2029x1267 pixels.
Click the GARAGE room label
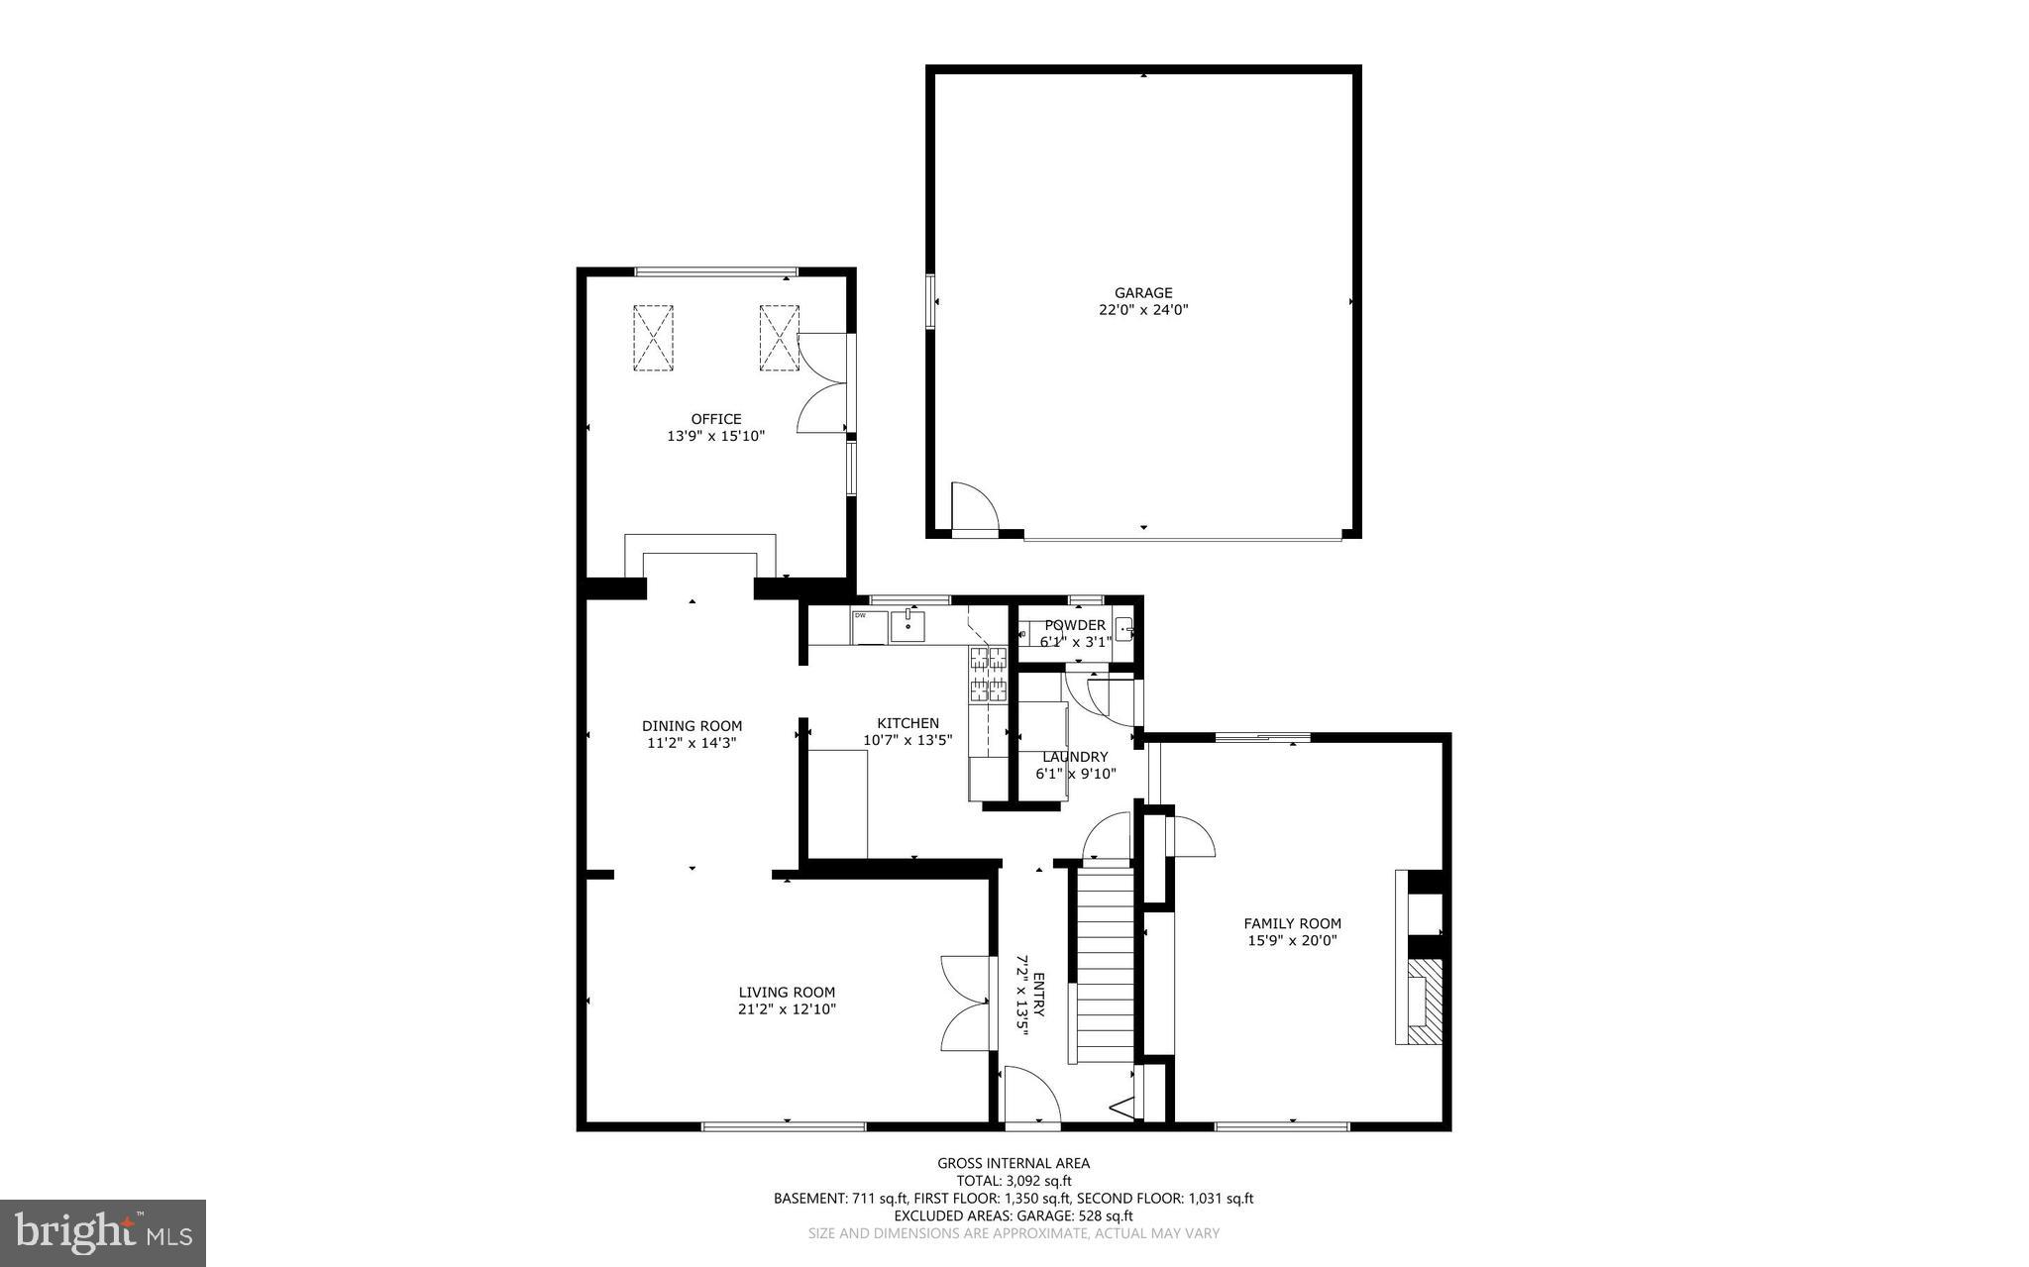[1143, 293]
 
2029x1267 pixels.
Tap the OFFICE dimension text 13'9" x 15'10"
[715, 436]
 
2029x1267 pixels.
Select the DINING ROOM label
[692, 726]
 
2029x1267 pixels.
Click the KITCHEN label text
[908, 723]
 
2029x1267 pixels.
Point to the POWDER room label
[1075, 625]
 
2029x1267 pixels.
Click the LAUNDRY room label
[1075, 757]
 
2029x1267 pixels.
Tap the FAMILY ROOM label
[1292, 923]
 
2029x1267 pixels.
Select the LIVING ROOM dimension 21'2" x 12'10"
[787, 1009]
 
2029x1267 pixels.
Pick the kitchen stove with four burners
[987, 674]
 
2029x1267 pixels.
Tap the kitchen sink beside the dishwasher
[908, 626]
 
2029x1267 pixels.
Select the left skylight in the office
[653, 338]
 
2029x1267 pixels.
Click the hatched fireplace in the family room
[1423, 1001]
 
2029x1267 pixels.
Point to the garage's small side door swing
[973, 507]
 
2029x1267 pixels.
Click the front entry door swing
[1030, 1096]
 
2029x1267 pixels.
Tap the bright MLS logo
[103, 1232]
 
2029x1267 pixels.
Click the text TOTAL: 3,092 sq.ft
[1014, 1181]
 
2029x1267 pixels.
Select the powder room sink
[1124, 628]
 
